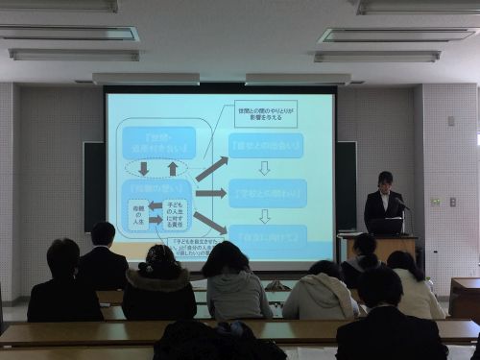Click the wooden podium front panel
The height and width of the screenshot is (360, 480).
coord(393,248)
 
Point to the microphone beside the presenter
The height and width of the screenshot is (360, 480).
coord(401,204)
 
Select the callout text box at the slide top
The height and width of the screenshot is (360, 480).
coord(265,113)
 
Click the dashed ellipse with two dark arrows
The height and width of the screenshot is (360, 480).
coord(157,168)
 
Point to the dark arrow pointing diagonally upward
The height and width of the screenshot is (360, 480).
coord(211,169)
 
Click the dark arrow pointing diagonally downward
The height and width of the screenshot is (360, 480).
coord(211,223)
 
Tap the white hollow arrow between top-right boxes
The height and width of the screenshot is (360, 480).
coord(265,168)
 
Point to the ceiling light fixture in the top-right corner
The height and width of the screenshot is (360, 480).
coord(417,6)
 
